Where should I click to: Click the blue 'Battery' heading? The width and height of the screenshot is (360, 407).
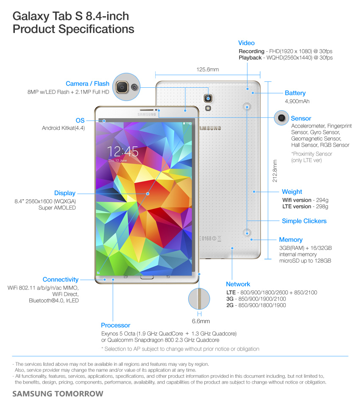[295, 93]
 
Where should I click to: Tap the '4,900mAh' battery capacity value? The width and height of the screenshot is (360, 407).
[297, 102]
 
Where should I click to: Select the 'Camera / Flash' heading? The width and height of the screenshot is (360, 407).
[87, 84]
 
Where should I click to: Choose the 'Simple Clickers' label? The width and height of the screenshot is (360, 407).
[304, 221]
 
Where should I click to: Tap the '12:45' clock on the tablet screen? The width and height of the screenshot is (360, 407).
[123, 151]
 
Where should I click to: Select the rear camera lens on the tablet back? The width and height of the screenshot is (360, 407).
[208, 98]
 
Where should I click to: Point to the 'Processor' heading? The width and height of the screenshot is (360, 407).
[115, 325]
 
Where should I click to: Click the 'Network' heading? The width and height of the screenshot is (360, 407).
[238, 284]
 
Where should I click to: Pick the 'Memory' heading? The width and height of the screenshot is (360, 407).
[290, 240]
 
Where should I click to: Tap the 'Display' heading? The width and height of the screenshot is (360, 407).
[65, 193]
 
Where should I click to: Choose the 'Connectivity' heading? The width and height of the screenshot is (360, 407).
[61, 280]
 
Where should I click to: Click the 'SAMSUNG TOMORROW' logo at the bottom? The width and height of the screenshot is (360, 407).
[58, 394]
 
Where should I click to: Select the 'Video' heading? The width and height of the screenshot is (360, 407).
[246, 43]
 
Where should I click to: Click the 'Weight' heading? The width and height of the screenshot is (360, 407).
[292, 192]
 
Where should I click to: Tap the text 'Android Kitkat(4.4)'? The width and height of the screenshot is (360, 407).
[64, 128]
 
